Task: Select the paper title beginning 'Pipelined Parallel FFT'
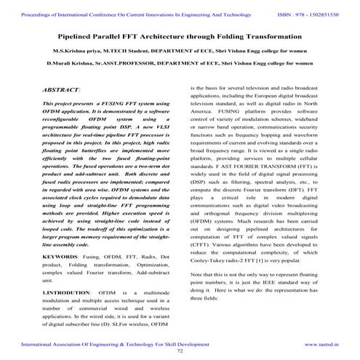click(x=180, y=34)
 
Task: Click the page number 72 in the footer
click(x=180, y=349)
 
